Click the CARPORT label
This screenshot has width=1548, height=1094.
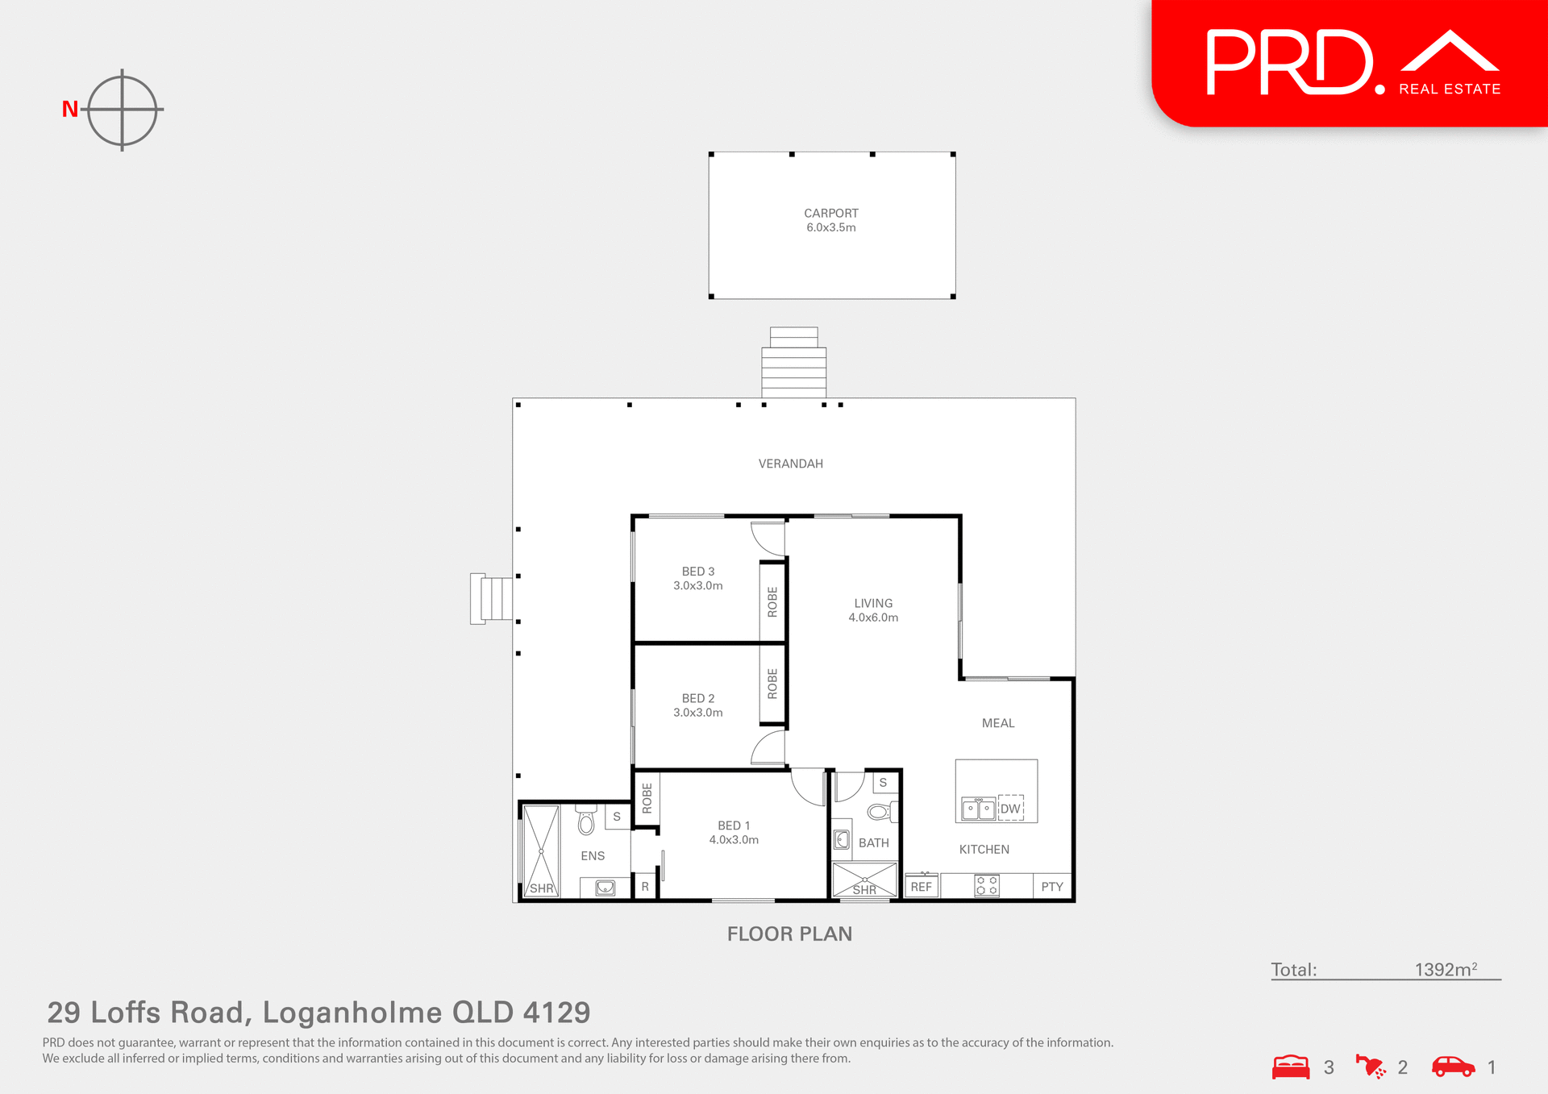coord(830,214)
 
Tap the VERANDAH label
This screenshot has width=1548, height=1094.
coord(790,464)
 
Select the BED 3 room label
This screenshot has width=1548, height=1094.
coord(698,572)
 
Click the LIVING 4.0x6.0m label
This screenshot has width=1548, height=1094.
coord(873,610)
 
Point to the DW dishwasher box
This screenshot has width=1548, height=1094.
coord(1011,809)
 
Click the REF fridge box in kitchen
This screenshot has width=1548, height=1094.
coord(921,886)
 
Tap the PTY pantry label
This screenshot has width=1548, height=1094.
coord(1052,887)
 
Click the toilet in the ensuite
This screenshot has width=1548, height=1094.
coord(586,821)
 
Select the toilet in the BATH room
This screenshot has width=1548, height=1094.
coord(880,811)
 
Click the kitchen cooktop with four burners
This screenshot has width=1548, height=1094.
coord(987,885)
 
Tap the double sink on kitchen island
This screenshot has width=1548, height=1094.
coord(978,809)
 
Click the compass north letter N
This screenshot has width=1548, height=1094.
coord(70,109)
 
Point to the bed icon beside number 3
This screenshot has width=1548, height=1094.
coord(1291,1067)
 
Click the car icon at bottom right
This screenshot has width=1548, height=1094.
coord(1453,1067)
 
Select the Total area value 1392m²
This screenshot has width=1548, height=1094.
coord(1445,970)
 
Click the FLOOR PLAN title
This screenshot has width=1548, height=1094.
coord(789,934)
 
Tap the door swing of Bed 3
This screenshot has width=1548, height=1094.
coord(768,539)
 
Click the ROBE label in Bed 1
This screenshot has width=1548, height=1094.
coord(647,797)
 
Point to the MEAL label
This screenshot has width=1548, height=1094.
coord(997,723)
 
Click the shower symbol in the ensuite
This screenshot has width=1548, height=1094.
coord(541,851)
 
